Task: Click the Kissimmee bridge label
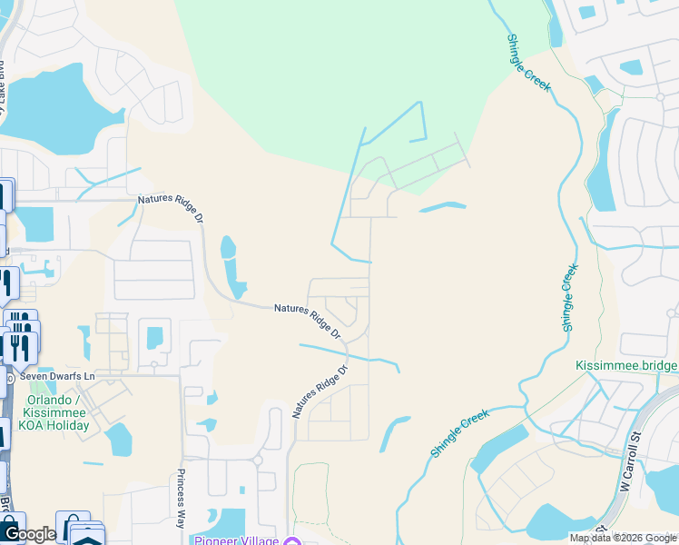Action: [626, 365]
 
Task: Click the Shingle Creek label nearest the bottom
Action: [459, 432]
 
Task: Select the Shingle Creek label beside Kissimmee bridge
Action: [568, 297]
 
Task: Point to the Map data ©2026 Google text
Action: [622, 538]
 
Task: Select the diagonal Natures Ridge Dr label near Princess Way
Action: [320, 391]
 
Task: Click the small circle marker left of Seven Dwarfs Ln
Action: [9, 376]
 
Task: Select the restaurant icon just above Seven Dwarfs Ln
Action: [20, 347]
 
